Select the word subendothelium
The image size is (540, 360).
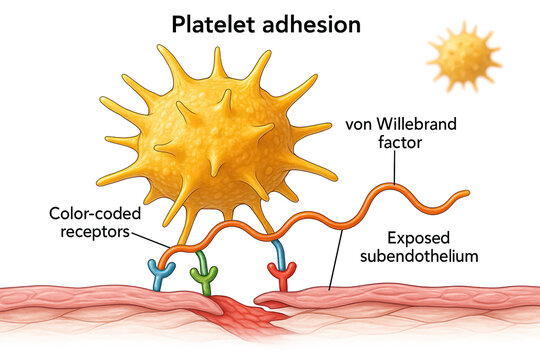[x=421, y=257]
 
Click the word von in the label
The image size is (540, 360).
[x=358, y=125]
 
